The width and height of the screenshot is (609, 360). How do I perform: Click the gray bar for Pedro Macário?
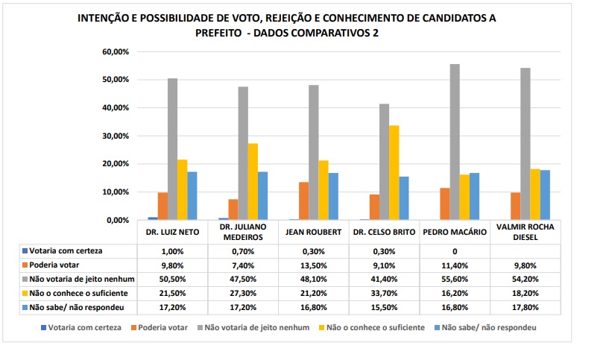pyautogui.click(x=455, y=142)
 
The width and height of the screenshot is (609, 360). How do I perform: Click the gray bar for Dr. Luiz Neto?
pyautogui.click(x=172, y=149)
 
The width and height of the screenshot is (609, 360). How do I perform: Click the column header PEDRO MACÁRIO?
pyautogui.click(x=455, y=232)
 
